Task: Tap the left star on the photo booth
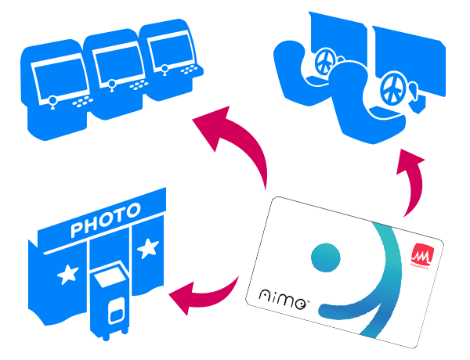click(68, 274)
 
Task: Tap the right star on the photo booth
click(147, 250)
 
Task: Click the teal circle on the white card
click(325, 255)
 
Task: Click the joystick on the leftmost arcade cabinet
click(51, 99)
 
